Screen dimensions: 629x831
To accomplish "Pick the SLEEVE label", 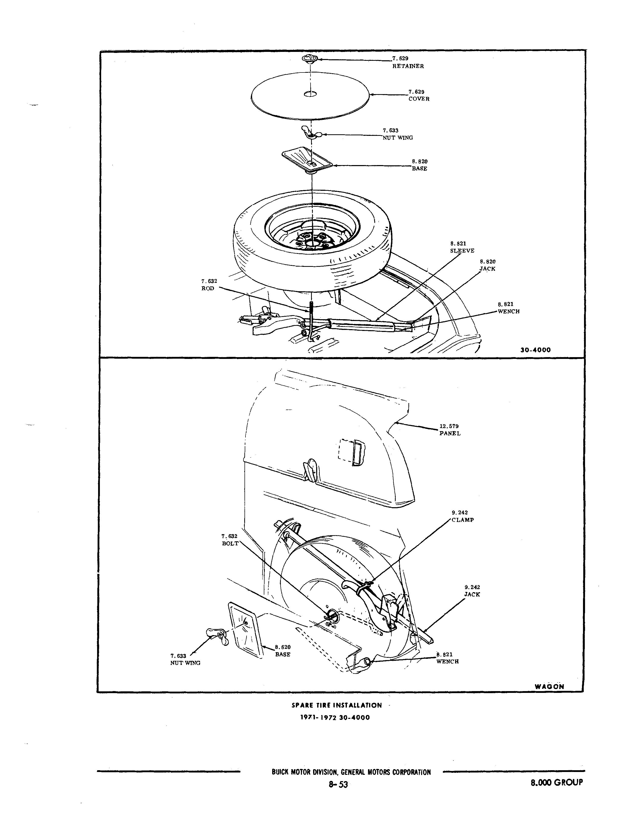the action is click(462, 251).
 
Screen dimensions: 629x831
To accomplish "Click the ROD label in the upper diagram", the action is click(208, 288).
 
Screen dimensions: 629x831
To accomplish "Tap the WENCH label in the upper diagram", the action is click(509, 311).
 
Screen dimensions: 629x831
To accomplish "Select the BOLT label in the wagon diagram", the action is click(230, 543).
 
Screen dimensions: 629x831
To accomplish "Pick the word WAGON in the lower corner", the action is click(549, 686).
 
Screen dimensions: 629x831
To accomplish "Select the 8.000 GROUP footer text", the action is click(557, 782).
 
